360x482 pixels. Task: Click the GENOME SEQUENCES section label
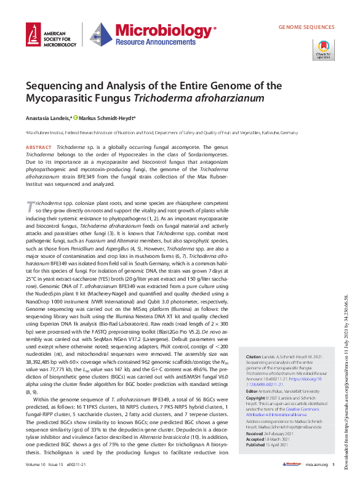(x=306, y=28)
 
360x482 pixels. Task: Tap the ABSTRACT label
(x=38, y=148)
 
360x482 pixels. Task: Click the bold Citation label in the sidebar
(x=254, y=357)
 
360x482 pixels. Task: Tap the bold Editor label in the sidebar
(x=252, y=391)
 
